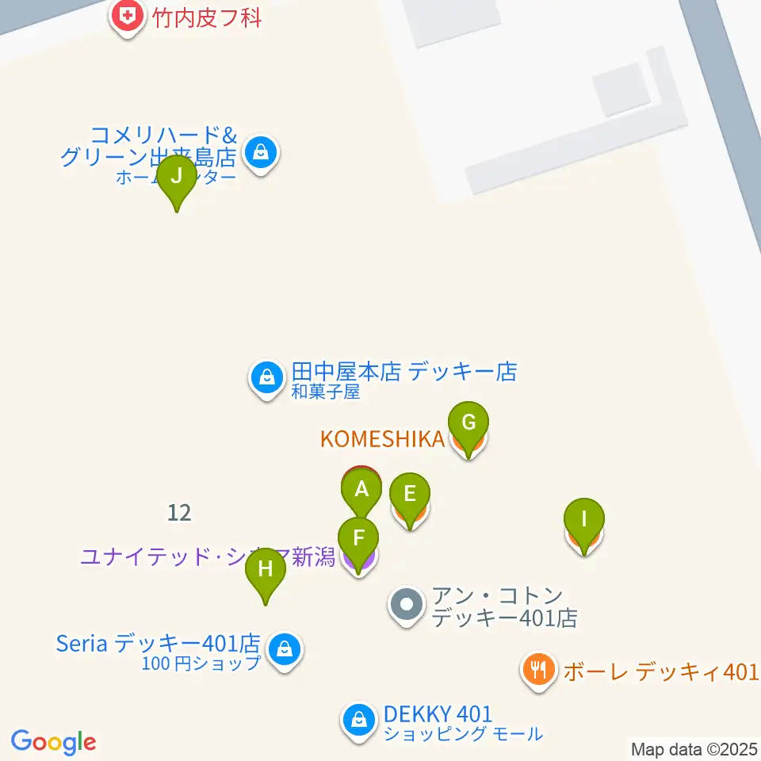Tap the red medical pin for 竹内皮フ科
[125, 16]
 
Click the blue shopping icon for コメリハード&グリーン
[260, 151]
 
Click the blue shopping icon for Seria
[283, 650]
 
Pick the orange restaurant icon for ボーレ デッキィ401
[538, 671]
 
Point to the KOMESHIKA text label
[381, 439]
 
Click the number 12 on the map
[179, 513]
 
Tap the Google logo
[53, 743]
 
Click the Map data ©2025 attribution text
[694, 748]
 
